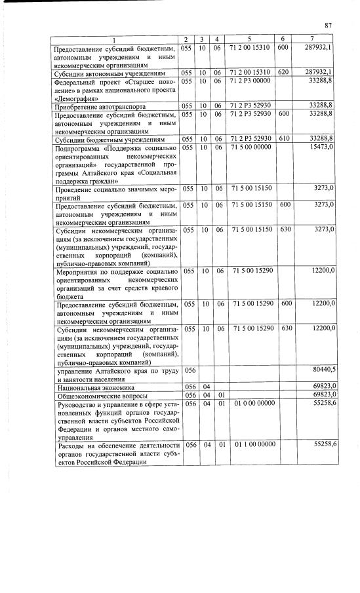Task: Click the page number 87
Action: (x=329, y=26)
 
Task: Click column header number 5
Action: (x=250, y=40)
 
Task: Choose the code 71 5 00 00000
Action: (x=250, y=149)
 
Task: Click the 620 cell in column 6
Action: (x=283, y=72)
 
